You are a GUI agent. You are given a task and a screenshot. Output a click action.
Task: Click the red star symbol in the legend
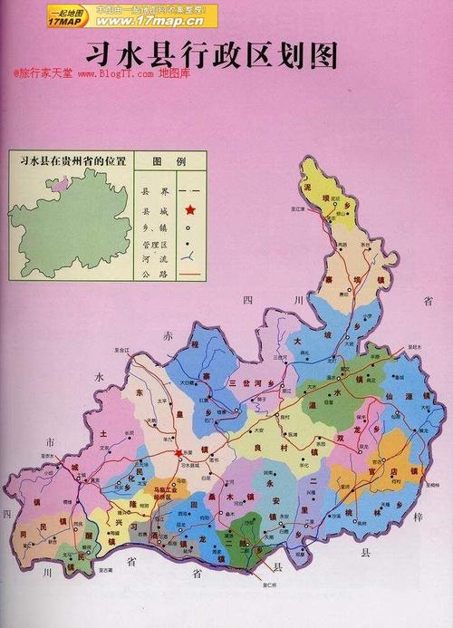pos(189,211)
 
